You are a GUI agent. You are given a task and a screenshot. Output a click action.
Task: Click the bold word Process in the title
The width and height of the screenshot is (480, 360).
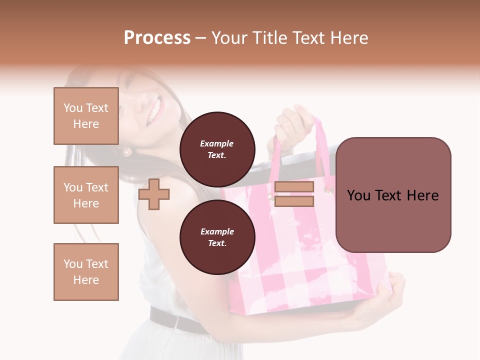pyautogui.click(x=157, y=38)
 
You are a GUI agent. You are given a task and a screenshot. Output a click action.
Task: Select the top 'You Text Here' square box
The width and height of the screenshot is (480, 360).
pyautogui.click(x=86, y=116)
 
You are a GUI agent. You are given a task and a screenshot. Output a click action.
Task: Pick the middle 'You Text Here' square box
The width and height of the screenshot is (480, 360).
pyautogui.click(x=86, y=195)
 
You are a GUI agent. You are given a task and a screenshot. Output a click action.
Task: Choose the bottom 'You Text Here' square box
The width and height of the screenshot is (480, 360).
pyautogui.click(x=86, y=272)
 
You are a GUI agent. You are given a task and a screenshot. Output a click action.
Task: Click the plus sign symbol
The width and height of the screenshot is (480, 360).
pyautogui.click(x=153, y=194)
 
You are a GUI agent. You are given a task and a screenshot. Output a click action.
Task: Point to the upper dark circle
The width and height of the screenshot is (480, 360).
pyautogui.click(x=217, y=149)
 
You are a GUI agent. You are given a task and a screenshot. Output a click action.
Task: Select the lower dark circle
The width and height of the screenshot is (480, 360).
pyautogui.click(x=217, y=237)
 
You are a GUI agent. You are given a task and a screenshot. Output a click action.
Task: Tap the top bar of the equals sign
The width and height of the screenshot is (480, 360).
pyautogui.click(x=294, y=187)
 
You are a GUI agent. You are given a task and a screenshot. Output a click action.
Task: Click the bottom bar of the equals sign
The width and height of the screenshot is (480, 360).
pyautogui.click(x=294, y=201)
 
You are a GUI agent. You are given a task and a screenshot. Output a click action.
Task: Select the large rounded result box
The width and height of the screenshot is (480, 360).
pyautogui.click(x=393, y=195)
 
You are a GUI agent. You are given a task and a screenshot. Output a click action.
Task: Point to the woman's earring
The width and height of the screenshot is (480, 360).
pyautogui.click(x=127, y=151)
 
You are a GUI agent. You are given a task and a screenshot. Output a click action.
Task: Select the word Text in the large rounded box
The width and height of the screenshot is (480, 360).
pyautogui.click(x=393, y=195)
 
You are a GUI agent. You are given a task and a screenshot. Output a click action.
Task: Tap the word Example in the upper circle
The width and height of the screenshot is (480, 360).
pyautogui.click(x=216, y=143)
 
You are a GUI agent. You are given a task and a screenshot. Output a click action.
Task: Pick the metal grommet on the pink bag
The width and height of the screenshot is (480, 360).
pyautogui.click(x=328, y=189)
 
